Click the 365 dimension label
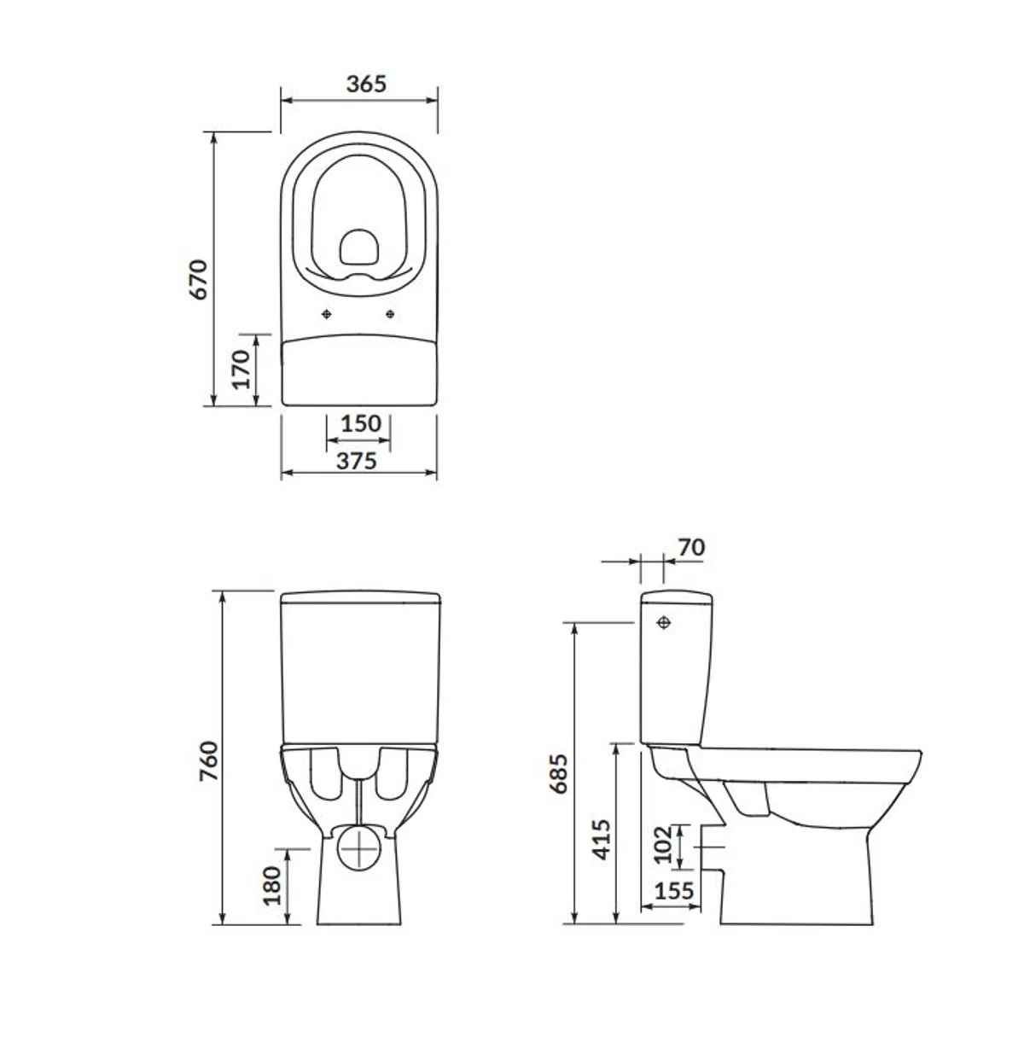pos(366,84)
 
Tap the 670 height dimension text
pos(198,280)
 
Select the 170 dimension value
pos(241,370)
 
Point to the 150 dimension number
pos(361,424)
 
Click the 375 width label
pos(357,461)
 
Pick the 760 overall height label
pos(209,761)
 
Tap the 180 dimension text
pos(272,885)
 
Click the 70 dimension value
pos(691,548)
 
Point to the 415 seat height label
pos(601,840)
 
